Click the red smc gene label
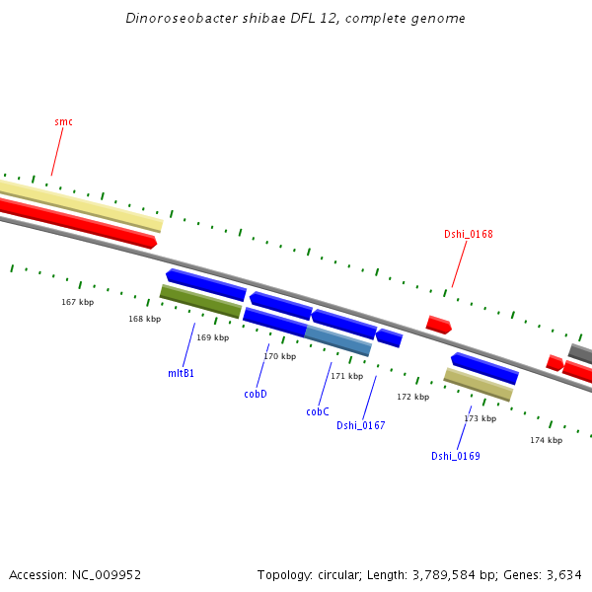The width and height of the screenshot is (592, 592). [x=63, y=121]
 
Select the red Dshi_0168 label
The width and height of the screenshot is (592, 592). [x=468, y=234]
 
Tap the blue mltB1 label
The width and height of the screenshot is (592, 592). [x=181, y=373]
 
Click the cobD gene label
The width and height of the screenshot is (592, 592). [x=256, y=394]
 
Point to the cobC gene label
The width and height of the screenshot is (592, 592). [x=317, y=411]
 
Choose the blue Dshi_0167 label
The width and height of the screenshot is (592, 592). [x=360, y=425]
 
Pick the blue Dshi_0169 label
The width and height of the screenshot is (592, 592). [x=455, y=456]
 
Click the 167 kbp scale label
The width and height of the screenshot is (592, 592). [x=77, y=302]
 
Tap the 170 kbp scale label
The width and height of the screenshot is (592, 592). [x=279, y=356]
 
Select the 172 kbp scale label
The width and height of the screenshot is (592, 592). [x=412, y=397]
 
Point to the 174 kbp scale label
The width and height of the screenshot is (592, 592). [x=546, y=440]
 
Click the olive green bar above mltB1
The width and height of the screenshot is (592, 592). [x=200, y=301]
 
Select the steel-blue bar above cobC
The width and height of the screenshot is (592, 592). [x=338, y=340]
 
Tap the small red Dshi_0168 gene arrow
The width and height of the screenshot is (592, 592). [x=438, y=325]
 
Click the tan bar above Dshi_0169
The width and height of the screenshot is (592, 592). [x=479, y=384]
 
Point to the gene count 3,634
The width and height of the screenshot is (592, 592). [x=561, y=574]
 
